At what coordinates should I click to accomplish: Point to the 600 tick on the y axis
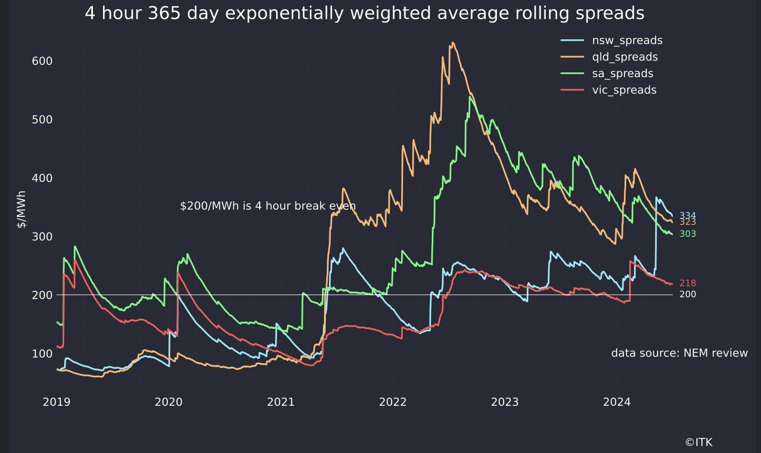(x=42, y=61)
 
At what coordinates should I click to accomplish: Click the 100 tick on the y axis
(x=42, y=354)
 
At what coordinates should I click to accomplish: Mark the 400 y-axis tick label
(x=42, y=178)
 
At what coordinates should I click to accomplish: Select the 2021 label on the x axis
(x=281, y=402)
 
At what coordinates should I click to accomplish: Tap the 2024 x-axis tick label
(x=617, y=402)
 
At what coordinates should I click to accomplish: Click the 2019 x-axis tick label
(x=57, y=402)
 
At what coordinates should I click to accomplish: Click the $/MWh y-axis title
(x=22, y=209)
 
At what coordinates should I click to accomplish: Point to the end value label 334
(x=688, y=215)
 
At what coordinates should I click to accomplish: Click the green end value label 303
(x=688, y=234)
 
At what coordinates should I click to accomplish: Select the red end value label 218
(x=688, y=283)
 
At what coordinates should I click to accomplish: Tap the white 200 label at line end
(x=688, y=294)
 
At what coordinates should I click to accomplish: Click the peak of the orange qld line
(x=453, y=43)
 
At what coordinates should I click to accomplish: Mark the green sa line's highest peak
(x=470, y=97)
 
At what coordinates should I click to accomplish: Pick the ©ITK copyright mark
(x=699, y=442)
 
